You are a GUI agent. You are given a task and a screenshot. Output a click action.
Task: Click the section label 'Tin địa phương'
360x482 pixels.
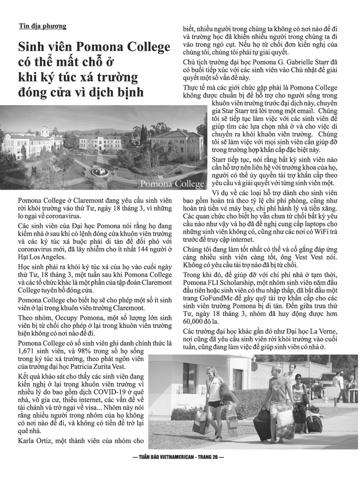[x=43, y=26]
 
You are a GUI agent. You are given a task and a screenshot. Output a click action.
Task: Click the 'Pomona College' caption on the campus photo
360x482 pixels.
[x=172, y=184]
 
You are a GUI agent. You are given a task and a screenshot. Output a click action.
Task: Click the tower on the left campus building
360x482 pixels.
[x=44, y=131]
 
